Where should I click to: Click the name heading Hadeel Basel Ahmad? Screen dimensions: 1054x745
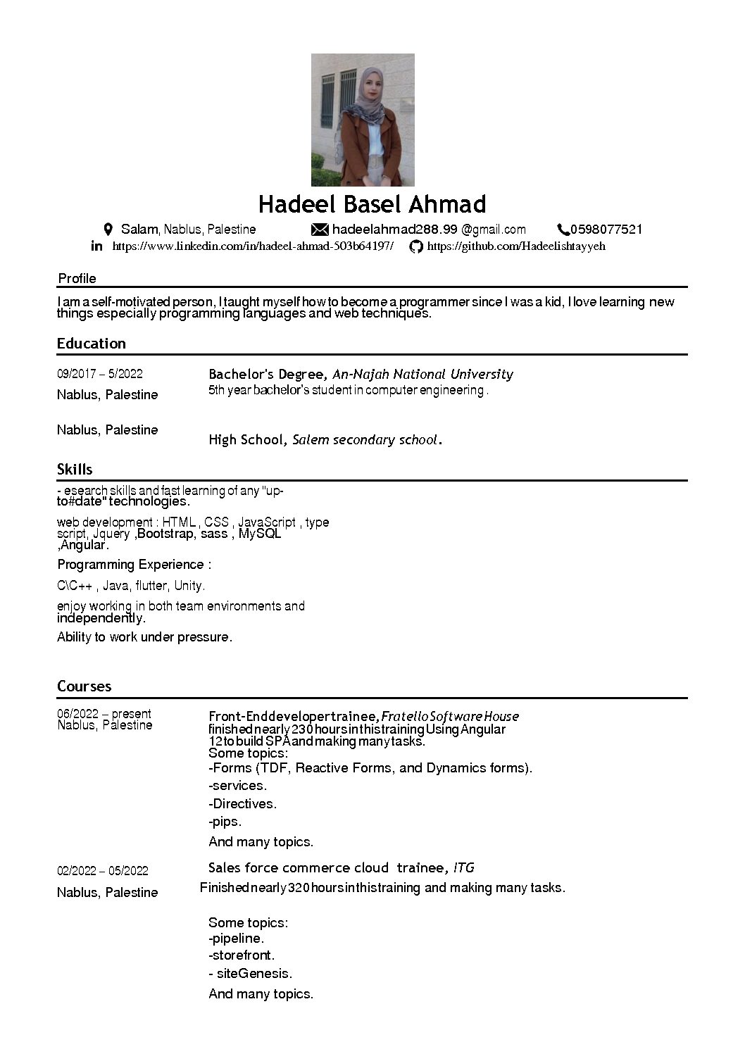(x=372, y=204)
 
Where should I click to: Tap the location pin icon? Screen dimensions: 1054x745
(x=108, y=230)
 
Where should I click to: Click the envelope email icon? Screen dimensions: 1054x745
(x=320, y=230)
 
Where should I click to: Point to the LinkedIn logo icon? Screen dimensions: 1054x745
(x=97, y=246)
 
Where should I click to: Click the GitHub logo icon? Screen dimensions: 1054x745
(x=416, y=246)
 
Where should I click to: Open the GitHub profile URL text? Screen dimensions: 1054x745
(x=516, y=246)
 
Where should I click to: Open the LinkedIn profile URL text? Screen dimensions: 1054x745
(x=253, y=246)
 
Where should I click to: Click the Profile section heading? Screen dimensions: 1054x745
(x=77, y=278)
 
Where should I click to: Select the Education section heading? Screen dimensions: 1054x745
(x=92, y=344)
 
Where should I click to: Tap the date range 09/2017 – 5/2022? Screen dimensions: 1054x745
(x=99, y=374)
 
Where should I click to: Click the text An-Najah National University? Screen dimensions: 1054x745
(x=422, y=375)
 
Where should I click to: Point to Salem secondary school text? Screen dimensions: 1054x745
(x=365, y=440)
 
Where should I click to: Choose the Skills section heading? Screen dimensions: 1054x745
(x=75, y=470)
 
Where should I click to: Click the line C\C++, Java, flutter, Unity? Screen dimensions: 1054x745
(x=131, y=586)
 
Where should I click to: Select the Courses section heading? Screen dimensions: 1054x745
(x=84, y=686)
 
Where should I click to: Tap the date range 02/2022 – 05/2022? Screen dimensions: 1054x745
(x=103, y=871)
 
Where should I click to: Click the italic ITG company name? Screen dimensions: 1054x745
(x=463, y=867)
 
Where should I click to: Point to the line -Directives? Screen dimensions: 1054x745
(x=242, y=804)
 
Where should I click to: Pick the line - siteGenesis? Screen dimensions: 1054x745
(x=250, y=974)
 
